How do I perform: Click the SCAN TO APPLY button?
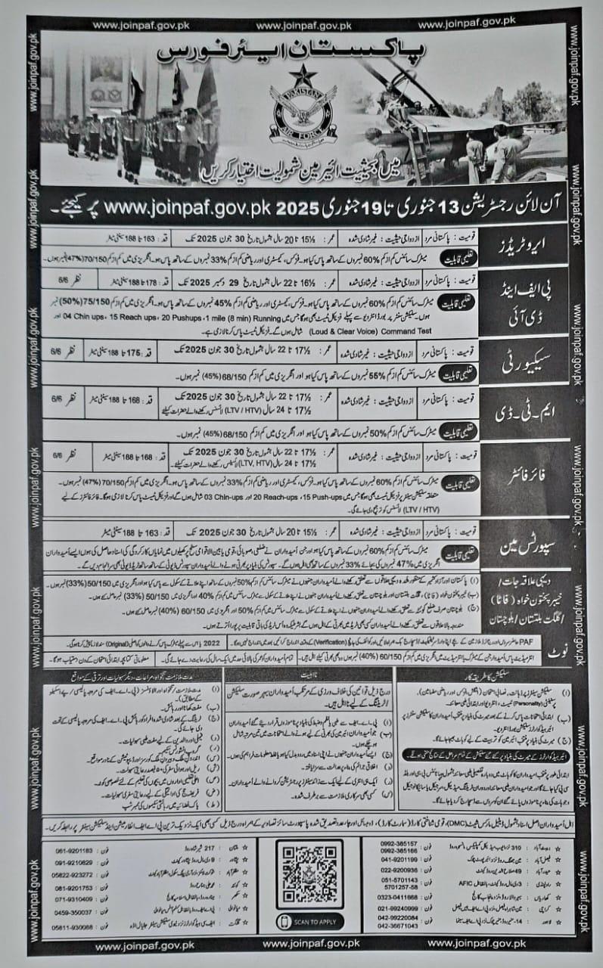[310, 922]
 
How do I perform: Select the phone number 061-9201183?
[74, 851]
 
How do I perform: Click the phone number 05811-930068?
[73, 929]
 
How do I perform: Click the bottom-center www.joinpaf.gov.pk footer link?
[301, 945]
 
